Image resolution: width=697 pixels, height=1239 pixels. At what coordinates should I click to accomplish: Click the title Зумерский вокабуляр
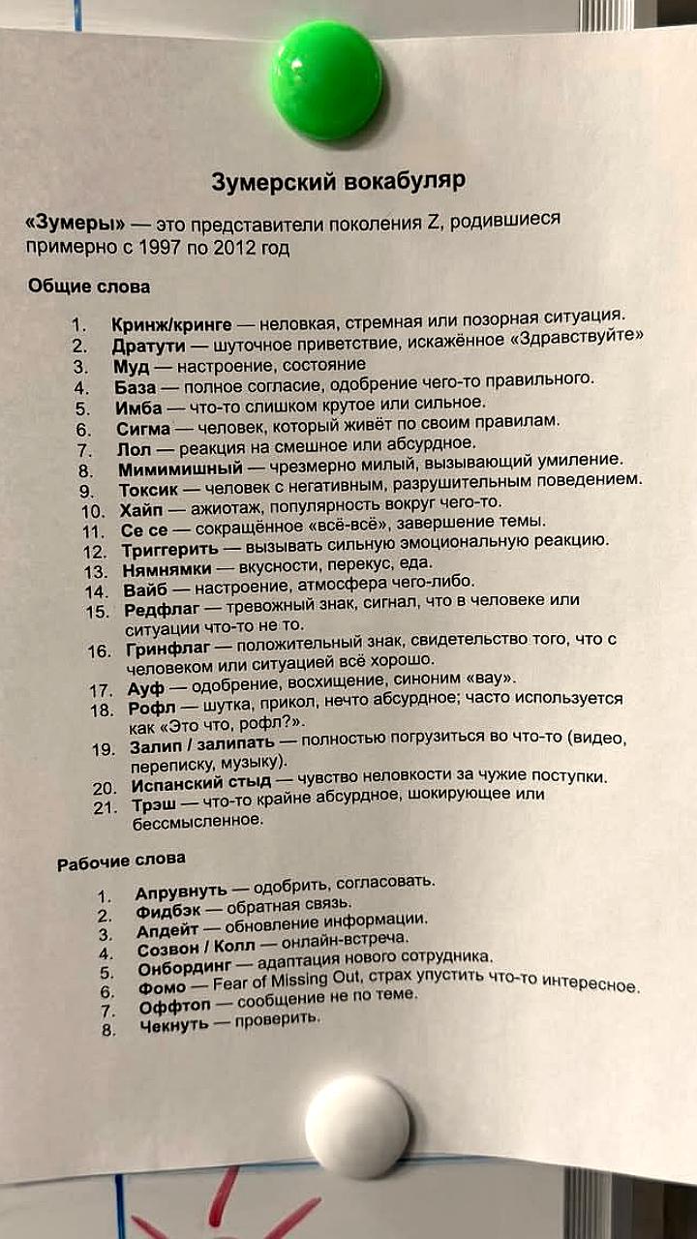pyautogui.click(x=338, y=181)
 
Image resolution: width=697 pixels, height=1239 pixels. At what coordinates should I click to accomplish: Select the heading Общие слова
pyautogui.click(x=89, y=287)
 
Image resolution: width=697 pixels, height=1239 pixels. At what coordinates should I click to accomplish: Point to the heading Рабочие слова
pyautogui.click(x=121, y=861)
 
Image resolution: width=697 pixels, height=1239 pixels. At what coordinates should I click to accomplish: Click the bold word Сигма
pyautogui.click(x=143, y=427)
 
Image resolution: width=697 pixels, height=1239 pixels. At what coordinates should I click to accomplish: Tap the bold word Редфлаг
pyautogui.click(x=162, y=610)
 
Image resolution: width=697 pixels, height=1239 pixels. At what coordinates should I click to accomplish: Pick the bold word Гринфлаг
pyautogui.click(x=167, y=649)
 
